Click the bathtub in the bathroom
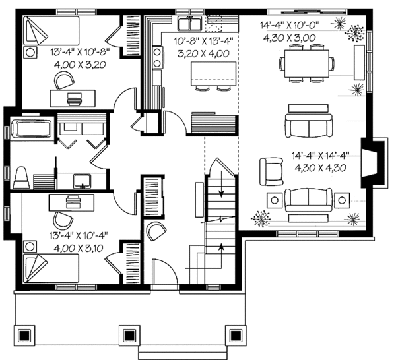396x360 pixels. (31, 129)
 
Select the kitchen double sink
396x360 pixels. (192, 24)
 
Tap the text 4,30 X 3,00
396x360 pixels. (301, 39)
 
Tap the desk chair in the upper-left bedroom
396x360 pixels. (65, 80)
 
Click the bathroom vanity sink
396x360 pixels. (83, 179)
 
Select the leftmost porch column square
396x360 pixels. (25, 334)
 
